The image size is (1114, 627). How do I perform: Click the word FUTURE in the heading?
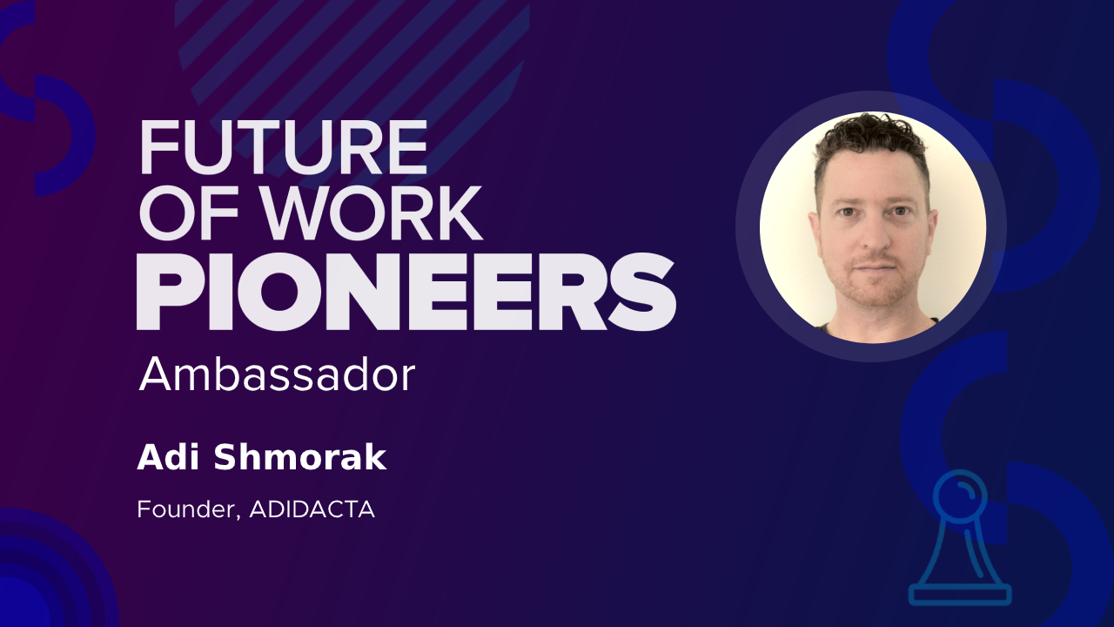[x=284, y=147]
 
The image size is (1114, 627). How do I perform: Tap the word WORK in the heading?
[x=372, y=214]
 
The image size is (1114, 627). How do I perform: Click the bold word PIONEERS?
[x=406, y=292]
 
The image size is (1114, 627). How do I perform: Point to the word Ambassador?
[x=277, y=374]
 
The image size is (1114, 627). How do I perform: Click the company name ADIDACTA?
[x=312, y=509]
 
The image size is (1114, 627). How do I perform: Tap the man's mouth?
[x=876, y=268]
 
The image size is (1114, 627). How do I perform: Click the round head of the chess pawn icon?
[x=959, y=495]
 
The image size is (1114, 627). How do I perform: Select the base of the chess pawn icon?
[x=960, y=595]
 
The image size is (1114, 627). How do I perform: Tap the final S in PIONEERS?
[x=642, y=292]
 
